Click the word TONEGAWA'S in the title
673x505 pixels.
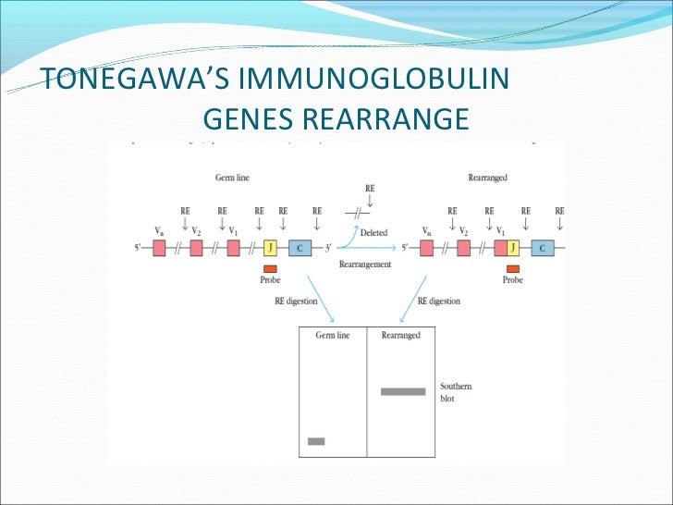[126, 80]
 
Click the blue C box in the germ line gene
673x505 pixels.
[300, 248]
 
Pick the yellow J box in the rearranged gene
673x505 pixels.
[512, 248]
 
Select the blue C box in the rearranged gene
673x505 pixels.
[542, 248]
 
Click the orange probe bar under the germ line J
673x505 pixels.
[270, 267]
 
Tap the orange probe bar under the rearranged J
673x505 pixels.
[512, 267]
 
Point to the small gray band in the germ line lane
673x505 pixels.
[316, 441]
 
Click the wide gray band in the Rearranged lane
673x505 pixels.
[403, 391]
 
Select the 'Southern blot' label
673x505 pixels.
[455, 391]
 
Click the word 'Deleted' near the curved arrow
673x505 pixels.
[373, 233]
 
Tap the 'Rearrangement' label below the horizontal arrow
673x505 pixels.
[365, 264]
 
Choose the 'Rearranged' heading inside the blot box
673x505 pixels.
[400, 336]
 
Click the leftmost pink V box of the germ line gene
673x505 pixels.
[159, 248]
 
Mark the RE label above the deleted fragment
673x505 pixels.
[370, 188]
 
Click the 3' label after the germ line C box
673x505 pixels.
[327, 248]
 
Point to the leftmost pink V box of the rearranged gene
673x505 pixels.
[426, 248]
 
